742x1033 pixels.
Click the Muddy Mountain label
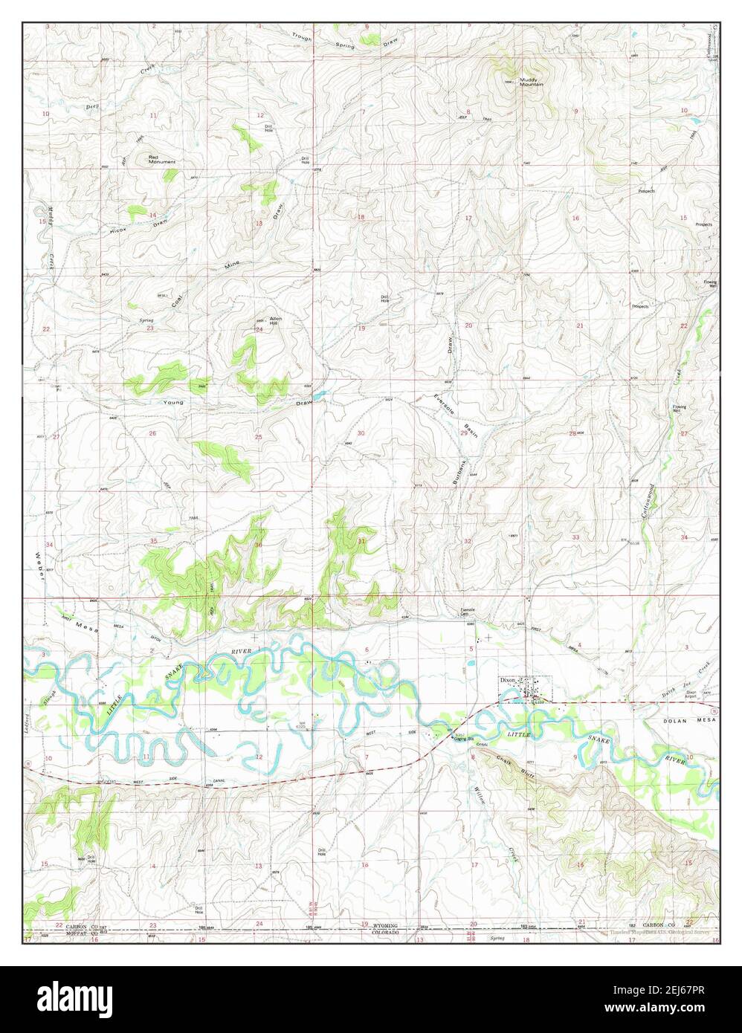point(531,82)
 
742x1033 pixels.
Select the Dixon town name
point(508,679)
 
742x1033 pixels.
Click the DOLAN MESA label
point(687,721)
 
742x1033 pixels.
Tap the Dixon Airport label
point(691,695)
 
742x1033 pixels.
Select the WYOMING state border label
point(385,926)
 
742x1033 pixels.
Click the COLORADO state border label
point(385,933)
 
